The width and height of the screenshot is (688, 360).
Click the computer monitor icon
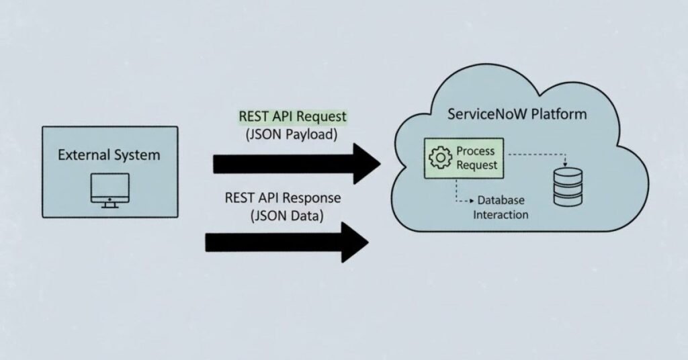tap(110, 189)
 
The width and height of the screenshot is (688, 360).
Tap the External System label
tap(109, 155)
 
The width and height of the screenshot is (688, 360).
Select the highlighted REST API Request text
tap(293, 116)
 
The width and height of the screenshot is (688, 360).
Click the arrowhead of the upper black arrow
tap(366, 163)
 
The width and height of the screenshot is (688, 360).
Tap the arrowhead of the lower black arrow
tap(355, 241)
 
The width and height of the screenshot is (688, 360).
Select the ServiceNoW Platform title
tap(517, 114)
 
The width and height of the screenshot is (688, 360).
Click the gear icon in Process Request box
tap(440, 158)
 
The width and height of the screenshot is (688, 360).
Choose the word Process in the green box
tap(476, 151)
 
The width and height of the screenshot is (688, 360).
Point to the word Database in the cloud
tap(501, 201)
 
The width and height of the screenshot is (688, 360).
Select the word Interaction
tap(501, 215)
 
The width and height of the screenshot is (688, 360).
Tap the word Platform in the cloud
tap(558, 114)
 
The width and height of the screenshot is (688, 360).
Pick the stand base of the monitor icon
tap(110, 205)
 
